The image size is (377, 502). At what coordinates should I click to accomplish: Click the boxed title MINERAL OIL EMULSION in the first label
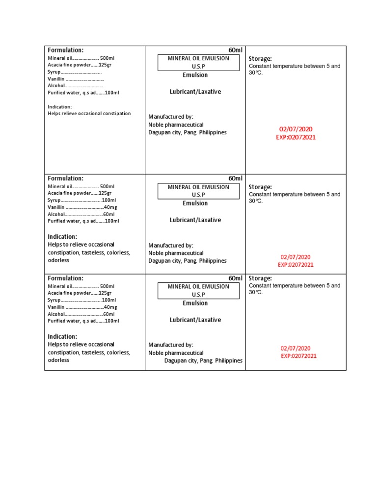coord(198,58)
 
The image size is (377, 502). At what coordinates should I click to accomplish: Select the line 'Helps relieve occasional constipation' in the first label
coord(89,114)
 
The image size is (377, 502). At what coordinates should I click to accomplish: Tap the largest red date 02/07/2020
coord(296,129)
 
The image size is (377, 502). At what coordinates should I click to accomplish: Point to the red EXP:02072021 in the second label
coord(296,265)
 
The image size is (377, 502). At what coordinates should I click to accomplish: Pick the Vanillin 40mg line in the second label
coord(82,207)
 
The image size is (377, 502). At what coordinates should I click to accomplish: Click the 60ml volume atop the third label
coord(235,278)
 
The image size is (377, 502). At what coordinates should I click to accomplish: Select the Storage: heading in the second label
coord(260,187)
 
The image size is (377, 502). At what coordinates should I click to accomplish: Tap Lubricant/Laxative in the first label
coord(195,92)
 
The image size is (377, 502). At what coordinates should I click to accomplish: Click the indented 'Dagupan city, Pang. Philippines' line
coord(203,361)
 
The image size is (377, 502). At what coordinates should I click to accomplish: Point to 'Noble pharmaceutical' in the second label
coord(176,253)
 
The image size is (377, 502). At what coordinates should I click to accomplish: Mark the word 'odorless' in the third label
coord(58,360)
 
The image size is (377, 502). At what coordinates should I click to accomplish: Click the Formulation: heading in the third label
coord(65,278)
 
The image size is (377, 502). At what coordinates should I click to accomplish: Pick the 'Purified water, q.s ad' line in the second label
coord(83,221)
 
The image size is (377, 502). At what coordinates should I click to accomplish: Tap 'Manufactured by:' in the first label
coord(171,117)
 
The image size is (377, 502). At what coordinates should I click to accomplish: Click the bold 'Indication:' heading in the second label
coord(62,237)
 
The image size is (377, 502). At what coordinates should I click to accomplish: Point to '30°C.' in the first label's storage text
coord(256,73)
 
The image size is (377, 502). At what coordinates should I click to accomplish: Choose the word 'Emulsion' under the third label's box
coord(195,303)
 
